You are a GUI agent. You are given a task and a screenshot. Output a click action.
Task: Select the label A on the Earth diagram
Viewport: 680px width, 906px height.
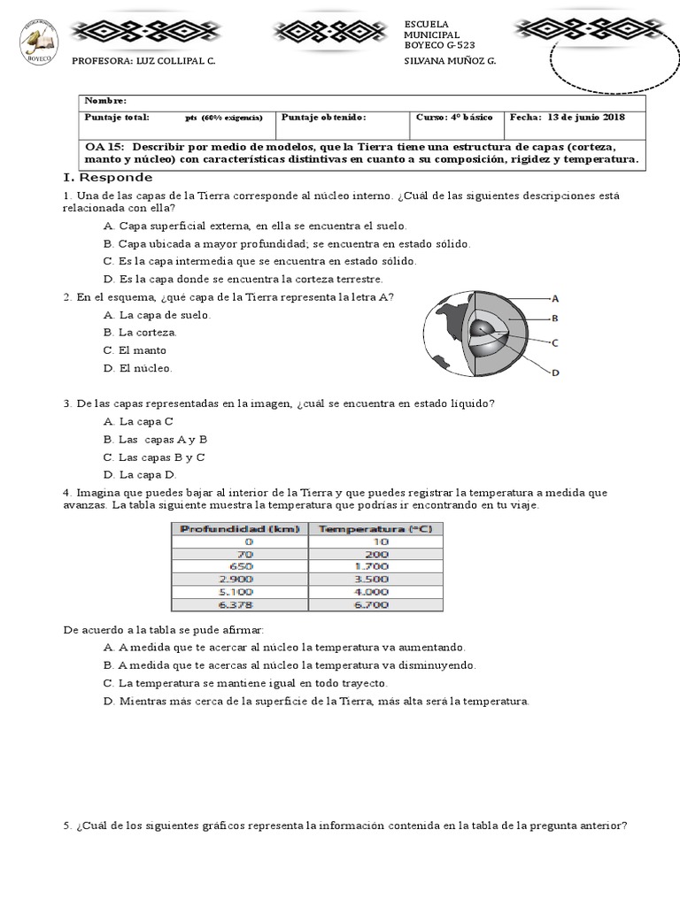pos(555,298)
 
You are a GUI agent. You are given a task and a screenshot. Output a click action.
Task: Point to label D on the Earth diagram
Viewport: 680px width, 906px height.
pos(555,372)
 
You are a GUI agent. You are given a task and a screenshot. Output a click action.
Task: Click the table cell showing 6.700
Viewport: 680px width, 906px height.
pos(377,605)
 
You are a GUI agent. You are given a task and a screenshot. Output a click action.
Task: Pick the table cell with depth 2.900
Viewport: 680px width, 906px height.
pos(240,579)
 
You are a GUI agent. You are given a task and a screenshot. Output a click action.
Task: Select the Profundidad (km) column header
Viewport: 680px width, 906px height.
pos(240,528)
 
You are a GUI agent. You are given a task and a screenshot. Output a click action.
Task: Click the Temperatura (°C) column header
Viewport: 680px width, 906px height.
pos(377,528)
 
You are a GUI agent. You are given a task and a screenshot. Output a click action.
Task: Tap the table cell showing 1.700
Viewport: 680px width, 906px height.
pos(377,566)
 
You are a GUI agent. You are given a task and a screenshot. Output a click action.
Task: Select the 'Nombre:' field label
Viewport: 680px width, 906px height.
pos(105,102)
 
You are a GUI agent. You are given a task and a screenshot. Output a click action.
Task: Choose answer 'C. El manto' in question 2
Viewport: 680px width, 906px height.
pos(135,350)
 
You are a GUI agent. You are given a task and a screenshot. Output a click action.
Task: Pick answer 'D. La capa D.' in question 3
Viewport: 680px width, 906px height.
pos(140,474)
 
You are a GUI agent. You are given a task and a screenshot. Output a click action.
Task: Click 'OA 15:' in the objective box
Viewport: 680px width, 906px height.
pos(104,147)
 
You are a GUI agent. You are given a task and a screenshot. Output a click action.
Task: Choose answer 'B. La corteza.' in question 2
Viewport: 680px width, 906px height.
pos(140,333)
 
